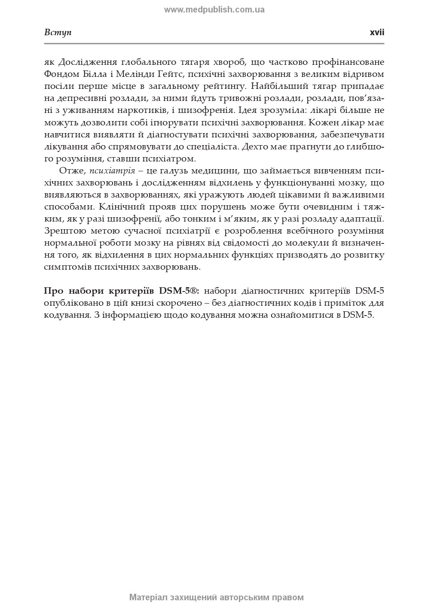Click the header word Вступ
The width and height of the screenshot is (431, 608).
58,33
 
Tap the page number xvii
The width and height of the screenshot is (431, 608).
377,33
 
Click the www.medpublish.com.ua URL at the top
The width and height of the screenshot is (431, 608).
214,9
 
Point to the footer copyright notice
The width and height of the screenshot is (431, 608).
216,597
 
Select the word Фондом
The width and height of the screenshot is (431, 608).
59,74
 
